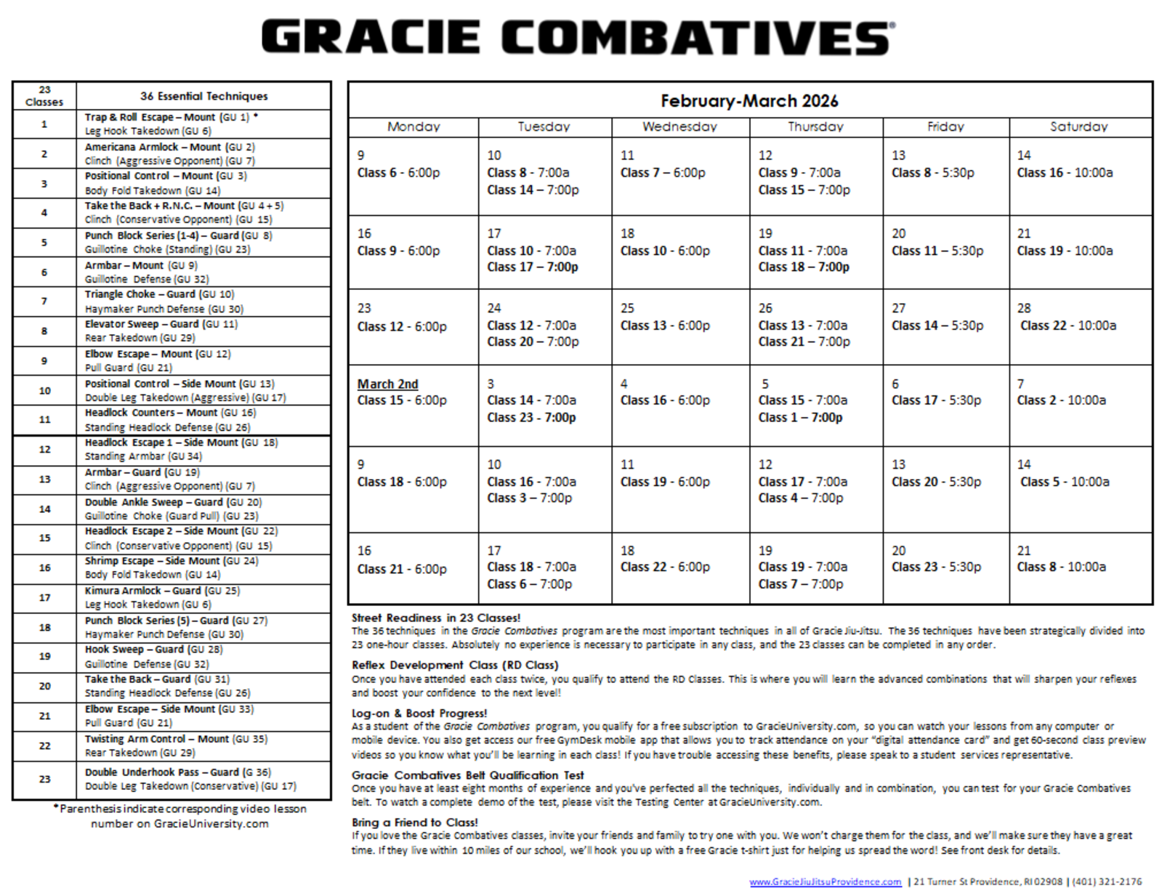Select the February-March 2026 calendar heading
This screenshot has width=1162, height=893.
(x=749, y=101)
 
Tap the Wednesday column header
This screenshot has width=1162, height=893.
(x=679, y=126)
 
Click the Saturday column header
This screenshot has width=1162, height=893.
(x=1078, y=126)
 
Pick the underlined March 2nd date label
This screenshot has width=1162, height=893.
(x=387, y=384)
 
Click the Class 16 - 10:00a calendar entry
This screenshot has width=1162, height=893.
(x=1065, y=173)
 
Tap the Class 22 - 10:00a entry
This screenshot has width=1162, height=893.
(x=1068, y=326)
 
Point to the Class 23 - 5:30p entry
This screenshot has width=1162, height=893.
(x=936, y=567)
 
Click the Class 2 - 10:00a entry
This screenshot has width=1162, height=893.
(x=1061, y=400)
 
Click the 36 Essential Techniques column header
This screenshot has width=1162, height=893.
(x=203, y=96)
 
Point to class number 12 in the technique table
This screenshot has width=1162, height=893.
(x=44, y=450)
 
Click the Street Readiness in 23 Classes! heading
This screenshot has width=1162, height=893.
(x=436, y=618)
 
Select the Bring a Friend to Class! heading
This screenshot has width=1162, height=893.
(x=415, y=823)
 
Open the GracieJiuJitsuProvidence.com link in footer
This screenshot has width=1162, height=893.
(x=825, y=881)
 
